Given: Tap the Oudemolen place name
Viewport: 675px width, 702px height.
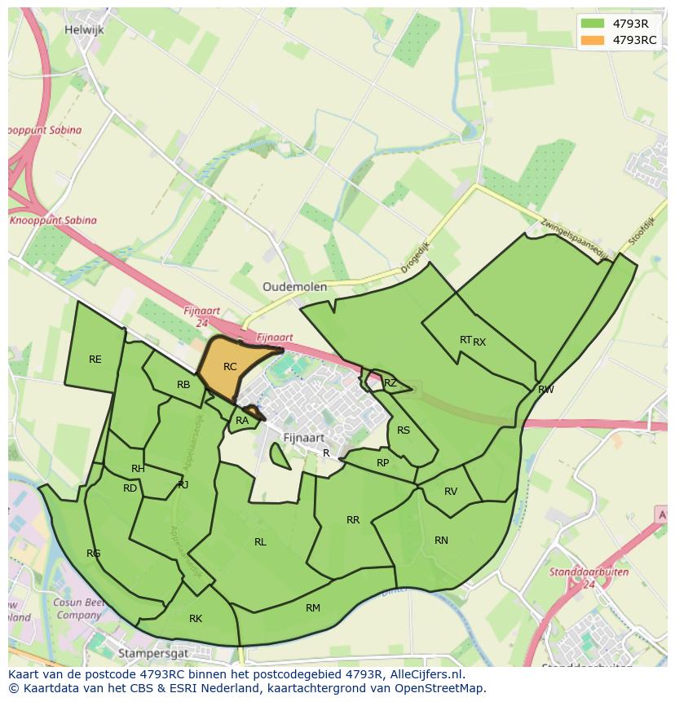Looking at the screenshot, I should click(294, 287).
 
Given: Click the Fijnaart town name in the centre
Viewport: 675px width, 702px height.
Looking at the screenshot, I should click(303, 438).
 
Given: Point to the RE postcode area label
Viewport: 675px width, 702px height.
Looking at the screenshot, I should click(95, 360).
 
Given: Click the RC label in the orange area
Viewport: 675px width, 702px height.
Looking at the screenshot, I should click(230, 367).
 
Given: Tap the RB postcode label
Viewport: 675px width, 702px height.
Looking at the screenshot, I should click(183, 385).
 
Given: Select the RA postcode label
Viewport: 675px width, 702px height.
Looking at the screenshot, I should click(242, 421).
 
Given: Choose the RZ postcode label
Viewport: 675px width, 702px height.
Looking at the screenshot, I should click(390, 383).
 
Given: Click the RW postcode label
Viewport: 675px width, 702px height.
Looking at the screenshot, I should click(546, 390).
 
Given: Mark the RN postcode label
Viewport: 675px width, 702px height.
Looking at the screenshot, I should click(441, 541).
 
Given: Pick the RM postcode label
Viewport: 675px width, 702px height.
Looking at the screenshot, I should click(313, 608).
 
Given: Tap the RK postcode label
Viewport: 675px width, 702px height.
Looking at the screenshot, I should click(196, 619).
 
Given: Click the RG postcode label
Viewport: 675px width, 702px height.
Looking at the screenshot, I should click(94, 554).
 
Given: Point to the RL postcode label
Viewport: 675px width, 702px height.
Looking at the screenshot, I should click(260, 542).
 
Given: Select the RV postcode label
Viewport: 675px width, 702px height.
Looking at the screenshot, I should click(451, 492).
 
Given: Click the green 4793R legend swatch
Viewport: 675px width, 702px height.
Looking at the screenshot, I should click(593, 23).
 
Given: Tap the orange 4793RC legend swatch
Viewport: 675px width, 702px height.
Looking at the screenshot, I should click(593, 40).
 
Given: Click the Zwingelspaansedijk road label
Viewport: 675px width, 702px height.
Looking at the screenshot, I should click(574, 238).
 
